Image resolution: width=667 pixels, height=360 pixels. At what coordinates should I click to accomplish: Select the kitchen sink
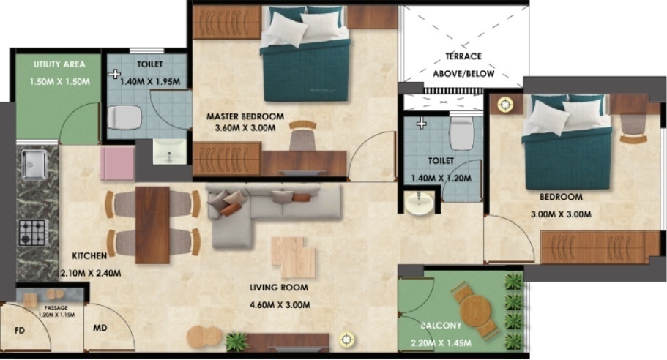[x=34, y=163]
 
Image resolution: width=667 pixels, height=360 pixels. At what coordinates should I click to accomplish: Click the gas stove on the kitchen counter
[x=32, y=232]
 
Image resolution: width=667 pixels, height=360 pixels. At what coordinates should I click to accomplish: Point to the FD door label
[x=20, y=330]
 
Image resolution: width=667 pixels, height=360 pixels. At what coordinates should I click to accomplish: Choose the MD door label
[x=100, y=328]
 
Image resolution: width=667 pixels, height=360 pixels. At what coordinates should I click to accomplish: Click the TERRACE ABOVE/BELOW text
[x=463, y=65]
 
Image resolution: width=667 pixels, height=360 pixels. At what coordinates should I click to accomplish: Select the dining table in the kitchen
[x=152, y=223]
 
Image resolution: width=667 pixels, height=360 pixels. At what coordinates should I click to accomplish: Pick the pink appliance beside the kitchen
[x=116, y=162]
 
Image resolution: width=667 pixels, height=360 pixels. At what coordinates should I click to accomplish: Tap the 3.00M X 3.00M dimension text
[x=561, y=214]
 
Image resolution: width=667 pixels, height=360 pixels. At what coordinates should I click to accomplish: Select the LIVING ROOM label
[x=280, y=288]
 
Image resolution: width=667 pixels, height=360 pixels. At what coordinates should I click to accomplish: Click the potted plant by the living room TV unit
[x=236, y=340]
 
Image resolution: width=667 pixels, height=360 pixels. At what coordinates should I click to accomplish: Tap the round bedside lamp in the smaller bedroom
[x=504, y=104]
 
